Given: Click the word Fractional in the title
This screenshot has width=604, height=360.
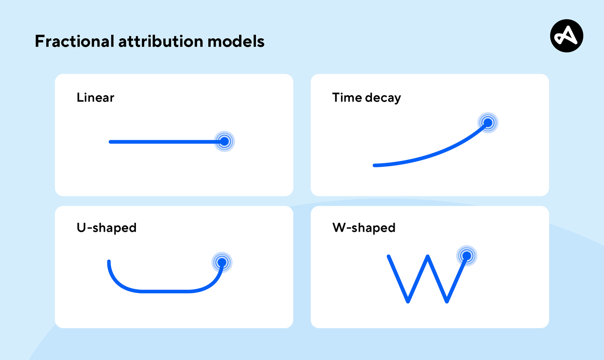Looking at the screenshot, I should [74, 42].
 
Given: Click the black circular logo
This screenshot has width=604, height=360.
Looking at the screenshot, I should [566, 36].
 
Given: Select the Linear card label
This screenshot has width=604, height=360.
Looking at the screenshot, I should [95, 98].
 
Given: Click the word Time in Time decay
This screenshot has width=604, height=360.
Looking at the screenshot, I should [347, 98].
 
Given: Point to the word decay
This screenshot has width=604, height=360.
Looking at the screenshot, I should [383, 98].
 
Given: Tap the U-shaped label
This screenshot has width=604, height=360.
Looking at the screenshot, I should [107, 228].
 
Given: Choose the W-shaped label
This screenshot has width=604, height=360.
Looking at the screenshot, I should [364, 228].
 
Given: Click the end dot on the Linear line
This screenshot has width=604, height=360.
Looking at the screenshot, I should [224, 141].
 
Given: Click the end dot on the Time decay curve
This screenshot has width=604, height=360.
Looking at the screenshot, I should [488, 123].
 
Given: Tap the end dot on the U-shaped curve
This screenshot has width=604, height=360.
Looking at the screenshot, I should [222, 263].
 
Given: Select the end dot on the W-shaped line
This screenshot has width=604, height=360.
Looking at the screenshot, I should [466, 256].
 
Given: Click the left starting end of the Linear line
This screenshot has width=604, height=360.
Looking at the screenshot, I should [110, 142].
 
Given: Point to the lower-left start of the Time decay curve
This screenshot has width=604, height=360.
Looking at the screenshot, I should [375, 165].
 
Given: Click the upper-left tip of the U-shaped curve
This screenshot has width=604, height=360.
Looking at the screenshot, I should [109, 262].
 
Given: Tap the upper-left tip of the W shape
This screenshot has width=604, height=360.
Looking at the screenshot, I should [389, 256].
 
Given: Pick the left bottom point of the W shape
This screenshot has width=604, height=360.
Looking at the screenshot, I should [408, 301].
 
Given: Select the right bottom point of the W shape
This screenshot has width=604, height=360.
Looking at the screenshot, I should [447, 301].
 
